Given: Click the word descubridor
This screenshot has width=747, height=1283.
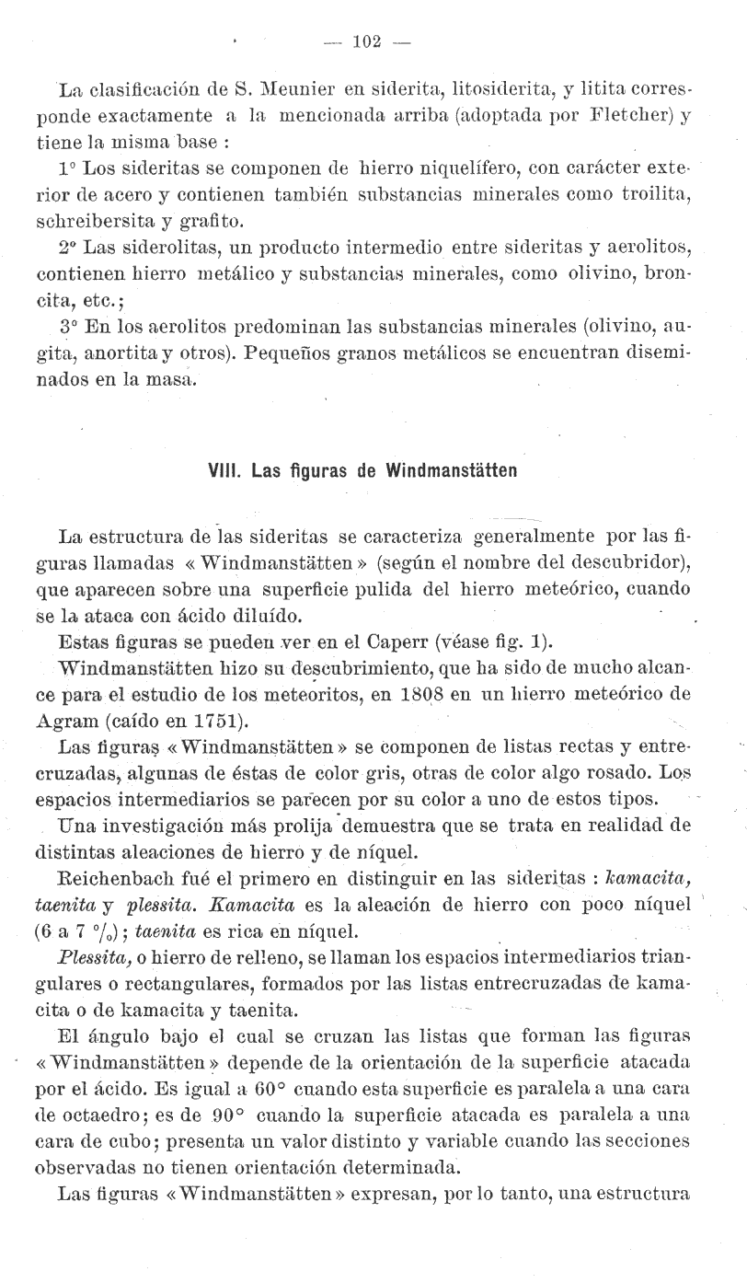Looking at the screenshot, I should point(638,561).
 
